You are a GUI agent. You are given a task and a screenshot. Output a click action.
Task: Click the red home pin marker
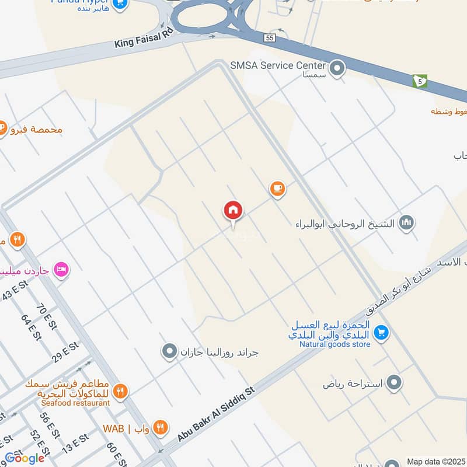click(233, 211)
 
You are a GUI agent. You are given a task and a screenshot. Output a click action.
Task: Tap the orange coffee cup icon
click(277, 188)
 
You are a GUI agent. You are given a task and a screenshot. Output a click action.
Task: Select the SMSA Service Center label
click(278, 65)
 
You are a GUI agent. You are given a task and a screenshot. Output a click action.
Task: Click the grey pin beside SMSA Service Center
click(337, 69)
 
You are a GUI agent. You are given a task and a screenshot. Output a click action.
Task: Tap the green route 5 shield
click(419, 81)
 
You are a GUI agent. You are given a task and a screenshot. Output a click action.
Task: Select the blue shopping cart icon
click(381, 332)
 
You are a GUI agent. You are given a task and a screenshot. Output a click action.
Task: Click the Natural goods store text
click(335, 344)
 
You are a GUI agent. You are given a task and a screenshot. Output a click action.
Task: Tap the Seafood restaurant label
click(75, 403)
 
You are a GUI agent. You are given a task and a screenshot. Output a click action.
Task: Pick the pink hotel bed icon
click(61, 269)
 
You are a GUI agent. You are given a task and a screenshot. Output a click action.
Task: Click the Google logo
click(25, 458)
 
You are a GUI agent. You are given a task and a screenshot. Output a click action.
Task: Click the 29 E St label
click(65, 351)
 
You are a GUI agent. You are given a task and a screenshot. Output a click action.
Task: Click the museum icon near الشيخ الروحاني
click(406, 222)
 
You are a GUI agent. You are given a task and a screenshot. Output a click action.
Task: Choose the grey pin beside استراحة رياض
click(395, 383)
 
